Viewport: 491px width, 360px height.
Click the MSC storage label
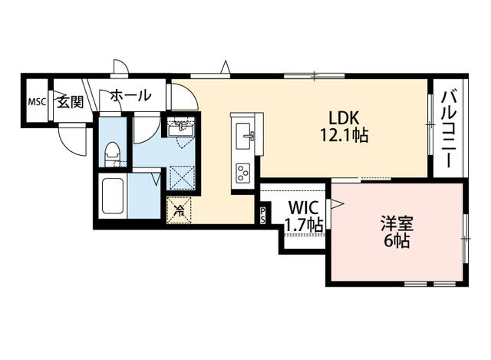click(x=37, y=102)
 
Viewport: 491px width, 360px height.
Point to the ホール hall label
click(x=130, y=96)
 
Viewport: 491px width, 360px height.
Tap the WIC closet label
click(x=303, y=207)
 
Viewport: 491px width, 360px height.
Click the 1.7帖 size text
click(x=303, y=224)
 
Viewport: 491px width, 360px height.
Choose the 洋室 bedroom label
click(x=397, y=224)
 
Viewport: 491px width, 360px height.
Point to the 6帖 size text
click(x=397, y=241)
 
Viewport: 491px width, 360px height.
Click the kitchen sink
click(x=246, y=137)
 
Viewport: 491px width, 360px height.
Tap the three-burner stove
click(x=245, y=171)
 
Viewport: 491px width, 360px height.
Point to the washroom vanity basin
click(x=182, y=126)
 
